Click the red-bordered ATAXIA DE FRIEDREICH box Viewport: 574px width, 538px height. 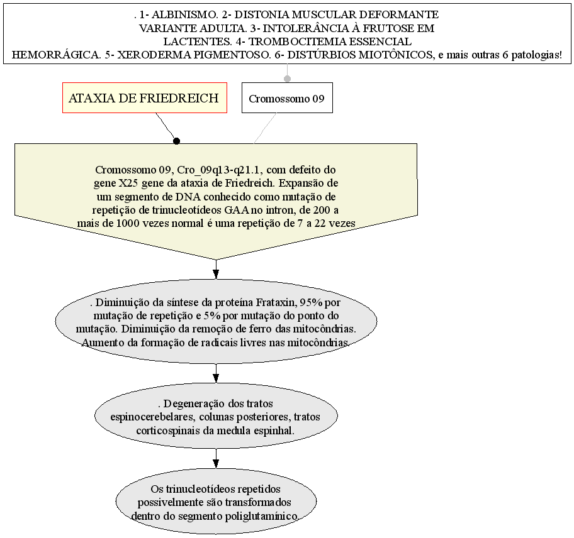coord(145,97)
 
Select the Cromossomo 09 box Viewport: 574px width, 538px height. coord(287,97)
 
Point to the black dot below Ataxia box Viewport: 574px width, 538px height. coord(176,141)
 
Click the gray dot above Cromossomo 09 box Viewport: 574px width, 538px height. coord(288,79)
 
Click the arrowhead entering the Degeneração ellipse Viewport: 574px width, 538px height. coord(216,378)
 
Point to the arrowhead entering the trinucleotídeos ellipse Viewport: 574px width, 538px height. coord(216,463)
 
